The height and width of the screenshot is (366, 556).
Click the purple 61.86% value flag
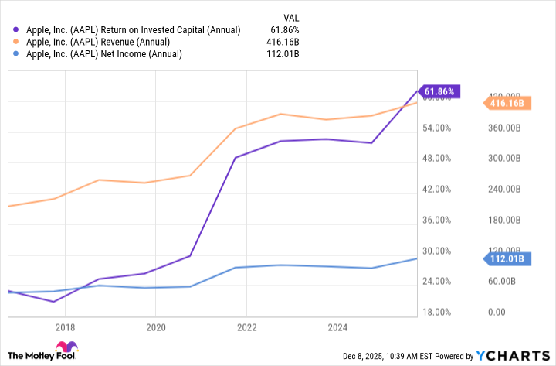439,91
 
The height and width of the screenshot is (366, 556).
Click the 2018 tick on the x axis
65,327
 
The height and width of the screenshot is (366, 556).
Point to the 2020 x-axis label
155,327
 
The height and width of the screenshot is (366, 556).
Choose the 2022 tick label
246,327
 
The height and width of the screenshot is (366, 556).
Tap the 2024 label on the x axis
337,327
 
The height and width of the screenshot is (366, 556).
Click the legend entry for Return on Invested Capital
128,29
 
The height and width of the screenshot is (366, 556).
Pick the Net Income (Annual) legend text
103,54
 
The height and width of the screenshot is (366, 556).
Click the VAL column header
289,16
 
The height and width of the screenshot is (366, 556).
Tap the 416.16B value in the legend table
282,42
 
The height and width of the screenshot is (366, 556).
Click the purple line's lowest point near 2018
53,302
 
